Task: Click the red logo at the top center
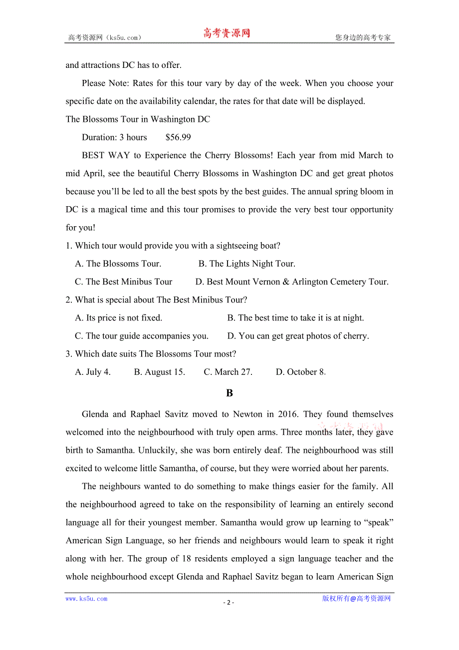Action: [x=227, y=33]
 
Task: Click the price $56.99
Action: [x=178, y=137]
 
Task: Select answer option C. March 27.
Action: [x=228, y=372]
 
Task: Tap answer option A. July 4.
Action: [x=93, y=372]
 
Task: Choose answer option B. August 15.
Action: [x=159, y=372]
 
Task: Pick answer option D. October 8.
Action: [x=300, y=372]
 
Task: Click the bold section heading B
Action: [x=229, y=393]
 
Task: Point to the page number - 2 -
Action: [x=229, y=602]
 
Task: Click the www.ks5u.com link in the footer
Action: [x=86, y=599]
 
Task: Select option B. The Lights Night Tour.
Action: [x=246, y=264]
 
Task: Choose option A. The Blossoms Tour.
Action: [x=118, y=264]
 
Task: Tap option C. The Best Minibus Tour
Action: [x=123, y=282]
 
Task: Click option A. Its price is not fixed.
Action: [x=118, y=318]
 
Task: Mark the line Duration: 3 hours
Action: [x=114, y=137]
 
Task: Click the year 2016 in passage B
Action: [x=284, y=414]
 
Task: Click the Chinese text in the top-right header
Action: [x=363, y=37]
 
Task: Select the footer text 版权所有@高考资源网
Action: [x=356, y=599]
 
